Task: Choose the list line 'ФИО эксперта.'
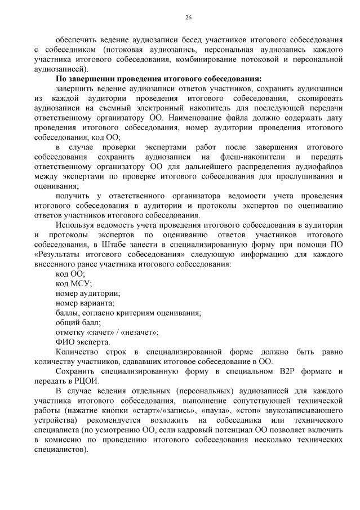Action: click(83, 342)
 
